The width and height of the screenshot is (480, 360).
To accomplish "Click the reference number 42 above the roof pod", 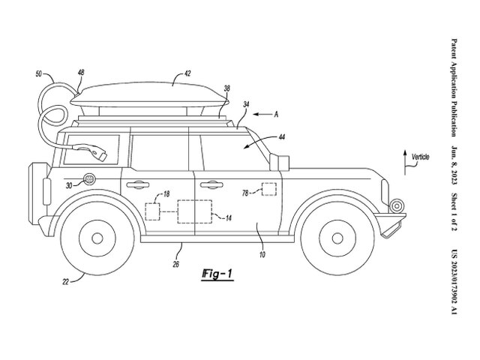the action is click(x=187, y=73).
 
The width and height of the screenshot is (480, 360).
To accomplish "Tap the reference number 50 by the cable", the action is click(x=38, y=74).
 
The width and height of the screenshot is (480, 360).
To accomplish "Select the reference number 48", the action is click(x=81, y=73).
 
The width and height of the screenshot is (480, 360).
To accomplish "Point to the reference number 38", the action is click(x=226, y=88).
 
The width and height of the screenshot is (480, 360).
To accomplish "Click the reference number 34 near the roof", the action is click(x=246, y=104).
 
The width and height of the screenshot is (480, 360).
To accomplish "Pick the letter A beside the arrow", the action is click(x=276, y=115).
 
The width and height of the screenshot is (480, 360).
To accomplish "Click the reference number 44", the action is click(x=281, y=137).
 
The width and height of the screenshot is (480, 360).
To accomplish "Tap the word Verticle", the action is click(x=420, y=157).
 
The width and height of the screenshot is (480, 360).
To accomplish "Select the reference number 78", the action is click(x=245, y=193).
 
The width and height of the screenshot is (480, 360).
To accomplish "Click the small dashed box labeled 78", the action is click(x=269, y=189).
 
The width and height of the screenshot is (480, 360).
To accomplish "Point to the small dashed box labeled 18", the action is click(x=152, y=211).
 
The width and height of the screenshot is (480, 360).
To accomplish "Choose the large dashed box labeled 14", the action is click(x=195, y=211).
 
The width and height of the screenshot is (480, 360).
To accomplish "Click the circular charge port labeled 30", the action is click(x=89, y=179).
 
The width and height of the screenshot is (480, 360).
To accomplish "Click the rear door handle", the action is click(x=137, y=184).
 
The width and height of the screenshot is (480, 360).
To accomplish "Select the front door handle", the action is click(x=211, y=184).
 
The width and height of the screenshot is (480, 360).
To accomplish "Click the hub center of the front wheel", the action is click(x=337, y=238).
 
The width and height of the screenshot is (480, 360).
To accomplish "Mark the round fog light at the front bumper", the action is click(x=397, y=205).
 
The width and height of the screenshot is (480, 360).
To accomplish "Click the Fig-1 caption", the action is click(x=217, y=274).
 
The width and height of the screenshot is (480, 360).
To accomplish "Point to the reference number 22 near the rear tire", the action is click(x=66, y=282).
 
